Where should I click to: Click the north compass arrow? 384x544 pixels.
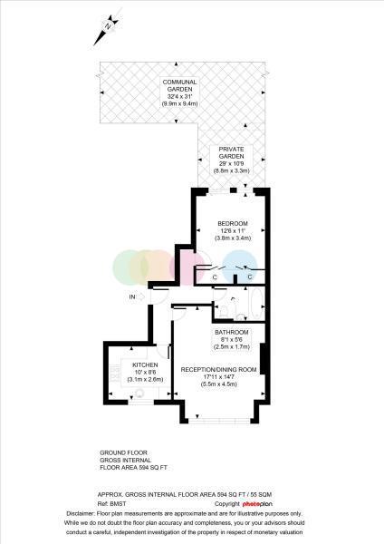coord(107,30)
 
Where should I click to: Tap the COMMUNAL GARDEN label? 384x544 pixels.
coord(179,86)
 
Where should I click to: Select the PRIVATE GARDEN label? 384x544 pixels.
coord(231,152)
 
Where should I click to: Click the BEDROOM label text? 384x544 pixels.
coord(233,223)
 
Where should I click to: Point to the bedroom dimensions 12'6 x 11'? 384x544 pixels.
coord(233,230)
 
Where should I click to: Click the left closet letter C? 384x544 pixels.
coord(215,277)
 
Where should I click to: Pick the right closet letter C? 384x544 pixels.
coord(250,277)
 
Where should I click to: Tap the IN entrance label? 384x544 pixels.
coord(132,297)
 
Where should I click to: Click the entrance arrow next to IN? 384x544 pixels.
coord(140,297)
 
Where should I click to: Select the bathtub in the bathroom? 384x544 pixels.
coord(256,303)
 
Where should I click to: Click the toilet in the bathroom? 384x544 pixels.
coord(224,311)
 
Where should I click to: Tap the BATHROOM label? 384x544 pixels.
coord(232,332)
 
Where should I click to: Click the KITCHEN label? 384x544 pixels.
coord(145,365)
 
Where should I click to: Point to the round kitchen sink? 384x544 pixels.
coord(139,393)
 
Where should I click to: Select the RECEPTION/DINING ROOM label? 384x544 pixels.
coord(218,370)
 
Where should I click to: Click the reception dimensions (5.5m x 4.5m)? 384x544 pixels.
coord(219,384)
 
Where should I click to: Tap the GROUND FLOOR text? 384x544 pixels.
coord(123,452)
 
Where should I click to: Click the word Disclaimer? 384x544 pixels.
coord(80,513)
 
